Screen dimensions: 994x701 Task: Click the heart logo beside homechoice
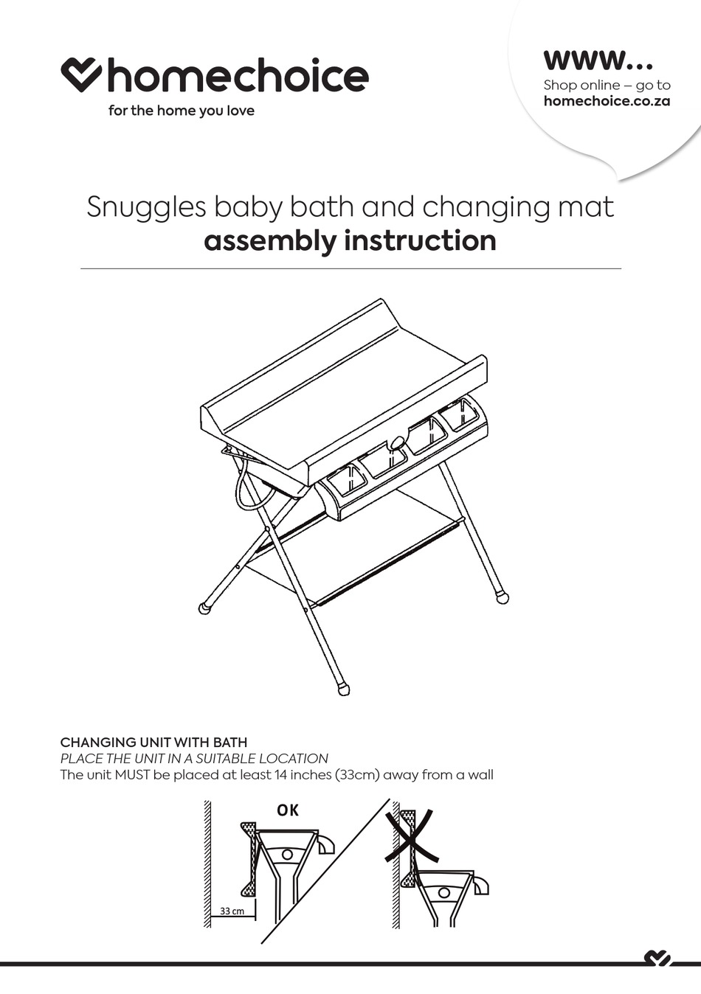(x=81, y=74)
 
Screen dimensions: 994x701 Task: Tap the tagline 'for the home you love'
(x=181, y=111)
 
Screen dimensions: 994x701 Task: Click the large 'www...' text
(x=598, y=59)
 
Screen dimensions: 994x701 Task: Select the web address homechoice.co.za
(x=607, y=102)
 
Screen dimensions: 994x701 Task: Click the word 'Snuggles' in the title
(x=146, y=207)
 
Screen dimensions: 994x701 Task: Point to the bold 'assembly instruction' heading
(x=350, y=241)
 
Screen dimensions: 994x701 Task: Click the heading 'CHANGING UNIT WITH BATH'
(x=153, y=743)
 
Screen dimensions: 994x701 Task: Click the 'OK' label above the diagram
(x=288, y=810)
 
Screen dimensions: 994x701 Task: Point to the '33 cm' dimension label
(x=232, y=911)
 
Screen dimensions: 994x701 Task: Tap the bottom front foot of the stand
(x=343, y=690)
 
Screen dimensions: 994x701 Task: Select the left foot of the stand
(x=204, y=608)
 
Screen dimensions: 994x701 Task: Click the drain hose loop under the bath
(x=245, y=490)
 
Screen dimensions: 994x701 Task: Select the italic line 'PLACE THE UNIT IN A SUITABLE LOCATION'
(x=194, y=759)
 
